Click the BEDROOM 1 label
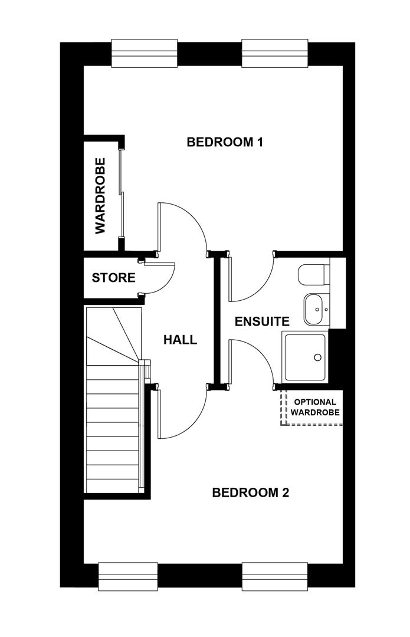pyautogui.click(x=224, y=142)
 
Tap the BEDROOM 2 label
pyautogui.click(x=250, y=492)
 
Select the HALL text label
pyautogui.click(x=180, y=340)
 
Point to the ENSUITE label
pyautogui.click(x=262, y=321)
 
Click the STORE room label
pyautogui.click(x=113, y=277)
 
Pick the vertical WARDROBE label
pyautogui.click(x=100, y=195)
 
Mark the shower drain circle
pyautogui.click(x=317, y=357)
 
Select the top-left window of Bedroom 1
pyautogui.click(x=145, y=54)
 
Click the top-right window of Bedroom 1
pyautogui.click(x=275, y=54)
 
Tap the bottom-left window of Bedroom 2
pyautogui.click(x=128, y=576)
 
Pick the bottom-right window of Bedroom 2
pyautogui.click(x=275, y=576)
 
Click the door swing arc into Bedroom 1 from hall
pyautogui.click(x=183, y=227)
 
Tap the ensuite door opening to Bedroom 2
pyautogui.click(x=251, y=361)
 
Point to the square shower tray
pyautogui.click(x=305, y=357)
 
